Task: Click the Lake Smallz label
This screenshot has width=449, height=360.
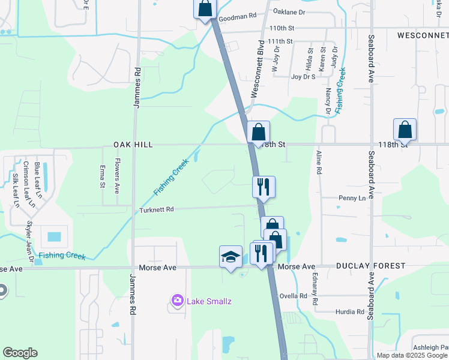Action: pos(208,301)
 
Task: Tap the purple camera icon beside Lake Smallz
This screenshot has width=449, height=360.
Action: pos(177,300)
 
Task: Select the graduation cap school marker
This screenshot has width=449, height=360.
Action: pos(231,257)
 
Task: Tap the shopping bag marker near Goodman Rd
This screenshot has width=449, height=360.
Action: pos(205,8)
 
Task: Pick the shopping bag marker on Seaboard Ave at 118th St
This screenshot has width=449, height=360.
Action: pos(405,130)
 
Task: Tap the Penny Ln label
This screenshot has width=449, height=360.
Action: pos(352,198)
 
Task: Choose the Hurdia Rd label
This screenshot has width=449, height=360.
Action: pos(351,312)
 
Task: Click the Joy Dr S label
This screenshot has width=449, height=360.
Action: pos(303,77)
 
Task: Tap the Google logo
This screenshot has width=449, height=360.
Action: pos(20,353)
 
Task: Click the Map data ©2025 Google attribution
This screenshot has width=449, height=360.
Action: pos(411,355)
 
